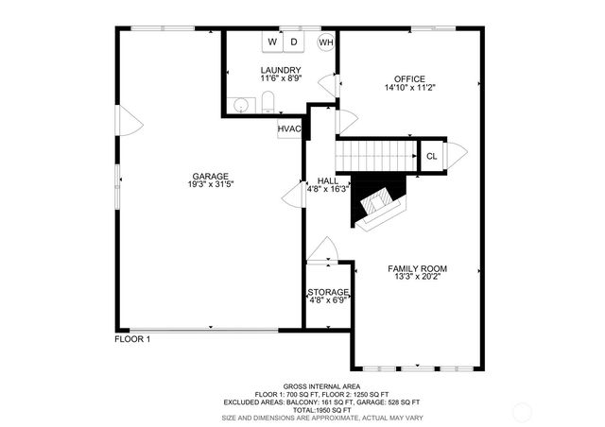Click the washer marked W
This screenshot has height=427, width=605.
tap(272, 43)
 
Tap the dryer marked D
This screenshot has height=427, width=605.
tap(294, 43)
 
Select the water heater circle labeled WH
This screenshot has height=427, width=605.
tap(326, 43)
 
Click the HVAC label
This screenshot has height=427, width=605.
tap(289, 129)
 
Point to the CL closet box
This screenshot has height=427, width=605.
tap(432, 156)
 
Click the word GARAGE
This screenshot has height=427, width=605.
tap(210, 177)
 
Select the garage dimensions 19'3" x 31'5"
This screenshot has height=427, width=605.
tap(210, 186)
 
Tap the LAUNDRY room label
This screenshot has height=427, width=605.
tap(281, 71)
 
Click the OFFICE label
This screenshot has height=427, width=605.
tap(410, 78)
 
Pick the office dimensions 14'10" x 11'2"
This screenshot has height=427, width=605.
tap(410, 88)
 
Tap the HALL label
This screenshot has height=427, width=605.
tap(328, 180)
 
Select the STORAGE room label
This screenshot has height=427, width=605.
tap(328, 292)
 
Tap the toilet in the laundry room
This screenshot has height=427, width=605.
tap(268, 103)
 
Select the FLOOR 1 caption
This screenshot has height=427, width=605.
tap(132, 338)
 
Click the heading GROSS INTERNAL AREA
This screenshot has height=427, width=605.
tap(302, 386)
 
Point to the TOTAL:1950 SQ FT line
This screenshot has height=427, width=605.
tap(302, 409)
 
